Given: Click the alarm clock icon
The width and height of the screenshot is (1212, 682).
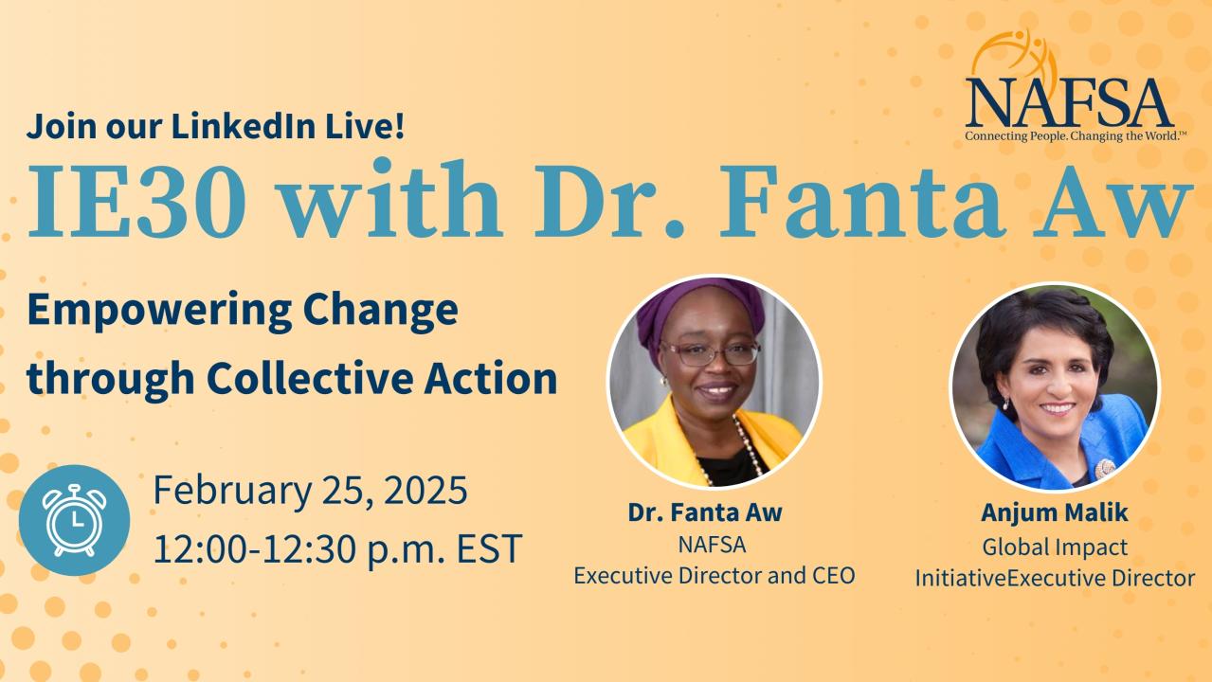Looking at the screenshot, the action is click(74, 520).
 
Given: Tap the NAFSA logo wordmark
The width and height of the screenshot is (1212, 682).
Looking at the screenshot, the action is click(1069, 102).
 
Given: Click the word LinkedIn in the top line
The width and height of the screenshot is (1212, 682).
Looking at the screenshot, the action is click(244, 126).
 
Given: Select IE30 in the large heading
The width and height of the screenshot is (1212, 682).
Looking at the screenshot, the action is click(136, 200).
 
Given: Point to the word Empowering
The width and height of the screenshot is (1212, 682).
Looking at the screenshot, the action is click(159, 312).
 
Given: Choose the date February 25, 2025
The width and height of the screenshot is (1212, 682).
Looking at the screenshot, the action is click(311, 490).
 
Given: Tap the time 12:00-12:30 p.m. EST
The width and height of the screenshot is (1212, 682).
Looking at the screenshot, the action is click(338, 549).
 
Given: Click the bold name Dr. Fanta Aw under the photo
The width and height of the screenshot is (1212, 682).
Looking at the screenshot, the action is click(705, 511).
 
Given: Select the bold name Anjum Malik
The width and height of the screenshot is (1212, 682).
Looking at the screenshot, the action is click(1055, 512).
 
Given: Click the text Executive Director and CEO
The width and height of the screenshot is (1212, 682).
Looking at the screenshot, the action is click(715, 576).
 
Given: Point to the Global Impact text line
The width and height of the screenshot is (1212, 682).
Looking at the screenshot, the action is click(1055, 547).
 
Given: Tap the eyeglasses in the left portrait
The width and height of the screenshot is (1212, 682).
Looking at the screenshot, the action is click(710, 353).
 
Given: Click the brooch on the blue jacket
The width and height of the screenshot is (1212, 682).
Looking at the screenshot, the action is click(1104, 468).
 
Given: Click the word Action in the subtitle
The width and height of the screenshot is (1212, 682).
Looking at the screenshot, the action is click(490, 378).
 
